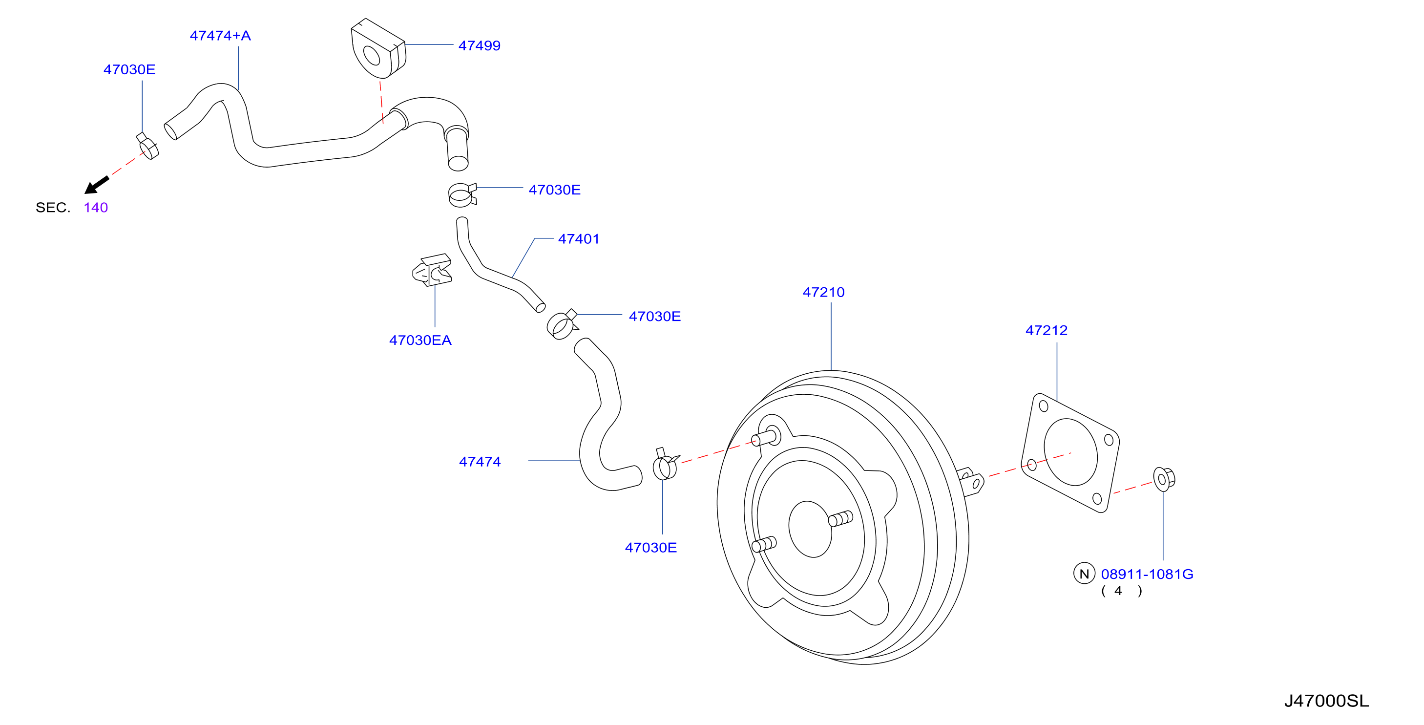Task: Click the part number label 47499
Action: [479, 45]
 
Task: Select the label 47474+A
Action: [220, 35]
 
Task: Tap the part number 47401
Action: [578, 239]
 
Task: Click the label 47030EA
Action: [420, 340]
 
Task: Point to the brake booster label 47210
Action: [823, 292]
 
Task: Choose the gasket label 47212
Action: [1046, 330]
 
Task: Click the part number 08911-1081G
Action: [1147, 574]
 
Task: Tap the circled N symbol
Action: [1084, 574]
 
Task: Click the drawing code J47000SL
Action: [1326, 701]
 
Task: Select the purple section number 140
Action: [96, 207]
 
